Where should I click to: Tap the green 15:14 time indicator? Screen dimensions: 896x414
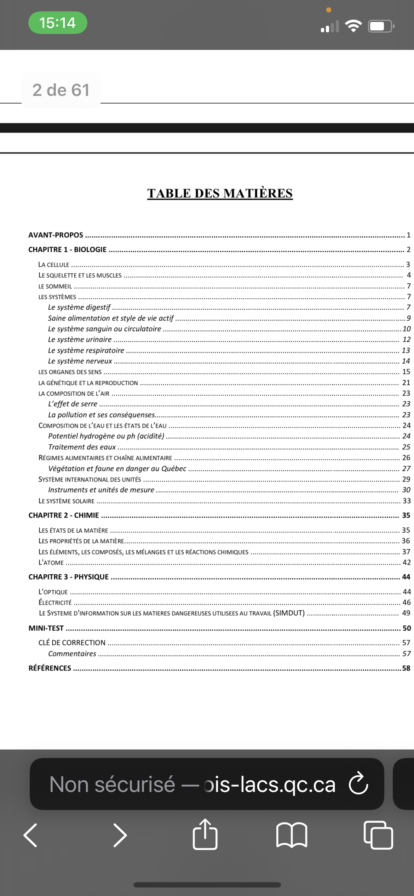tap(58, 23)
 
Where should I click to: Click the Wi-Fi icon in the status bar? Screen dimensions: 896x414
tap(353, 26)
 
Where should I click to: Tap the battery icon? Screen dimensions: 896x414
tap(380, 26)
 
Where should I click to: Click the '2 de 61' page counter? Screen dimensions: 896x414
tap(61, 90)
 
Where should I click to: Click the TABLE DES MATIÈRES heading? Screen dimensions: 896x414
tap(220, 193)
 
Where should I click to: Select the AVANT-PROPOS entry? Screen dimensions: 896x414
tap(56, 235)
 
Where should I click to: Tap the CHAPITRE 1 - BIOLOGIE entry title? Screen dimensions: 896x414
tap(67, 249)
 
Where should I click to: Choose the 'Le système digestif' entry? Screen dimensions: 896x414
tap(79, 307)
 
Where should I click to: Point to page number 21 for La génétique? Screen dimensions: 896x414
tap(406, 383)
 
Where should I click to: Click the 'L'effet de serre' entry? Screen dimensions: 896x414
tap(73, 404)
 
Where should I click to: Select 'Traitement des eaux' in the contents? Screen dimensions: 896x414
tap(82, 447)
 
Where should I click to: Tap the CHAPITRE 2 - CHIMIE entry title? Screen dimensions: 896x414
tap(64, 515)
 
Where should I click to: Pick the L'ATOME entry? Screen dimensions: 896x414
tap(51, 562)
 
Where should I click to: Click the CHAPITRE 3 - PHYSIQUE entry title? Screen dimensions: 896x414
tap(69, 577)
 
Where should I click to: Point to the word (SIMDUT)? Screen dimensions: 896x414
tap(289, 613)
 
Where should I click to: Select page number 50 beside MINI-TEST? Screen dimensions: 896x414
tap(407, 628)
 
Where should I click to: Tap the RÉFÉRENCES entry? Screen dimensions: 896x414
tap(50, 668)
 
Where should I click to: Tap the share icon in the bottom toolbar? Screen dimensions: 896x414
tap(205, 834)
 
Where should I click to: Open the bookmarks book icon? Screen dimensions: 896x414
tap(292, 835)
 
